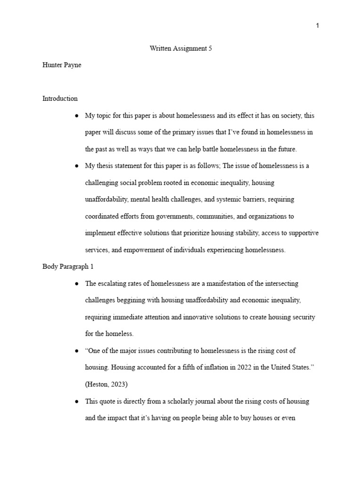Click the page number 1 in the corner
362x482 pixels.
(317, 26)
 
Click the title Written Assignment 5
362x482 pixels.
(181, 48)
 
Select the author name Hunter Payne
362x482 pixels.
(62, 65)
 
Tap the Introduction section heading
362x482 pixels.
(60, 99)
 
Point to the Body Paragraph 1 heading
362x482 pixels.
(68, 267)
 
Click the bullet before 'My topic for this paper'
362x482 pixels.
(76, 116)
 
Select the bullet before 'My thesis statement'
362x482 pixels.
(76, 166)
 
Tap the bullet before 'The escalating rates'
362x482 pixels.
(76, 284)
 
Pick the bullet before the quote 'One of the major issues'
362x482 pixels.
(76, 351)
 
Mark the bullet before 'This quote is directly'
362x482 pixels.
(76, 402)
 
